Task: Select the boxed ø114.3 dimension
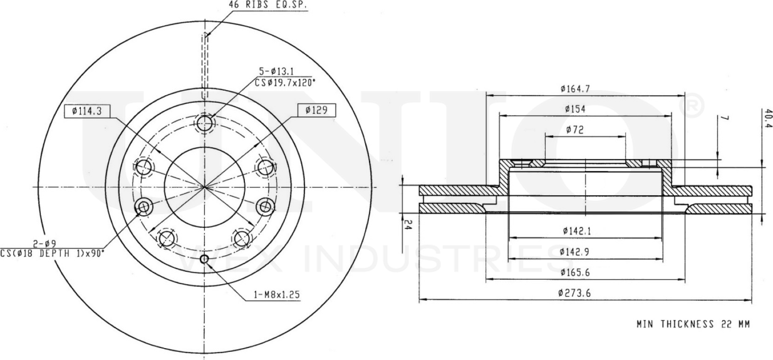click(86, 111)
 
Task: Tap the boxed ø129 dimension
click(317, 111)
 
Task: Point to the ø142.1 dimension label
click(577, 231)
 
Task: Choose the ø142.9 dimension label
click(577, 252)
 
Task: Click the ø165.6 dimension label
click(577, 272)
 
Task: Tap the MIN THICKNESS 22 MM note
click(692, 324)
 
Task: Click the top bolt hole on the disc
click(205, 123)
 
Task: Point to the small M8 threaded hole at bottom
click(204, 259)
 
